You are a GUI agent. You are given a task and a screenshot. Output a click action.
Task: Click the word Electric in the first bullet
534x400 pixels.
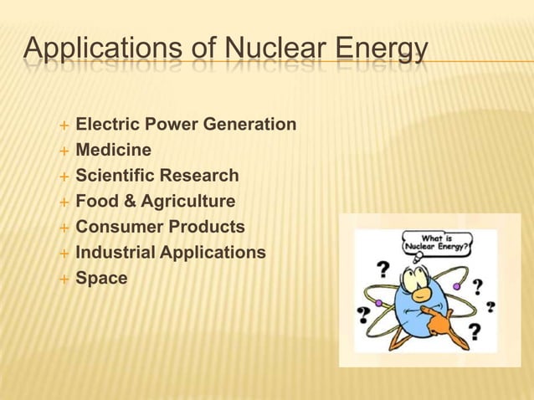pyautogui.click(x=105, y=125)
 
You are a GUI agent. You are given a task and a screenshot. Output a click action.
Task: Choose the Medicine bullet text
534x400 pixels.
pyautogui.click(x=113, y=151)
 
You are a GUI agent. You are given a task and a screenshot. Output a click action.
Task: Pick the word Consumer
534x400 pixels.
pyautogui.click(x=116, y=227)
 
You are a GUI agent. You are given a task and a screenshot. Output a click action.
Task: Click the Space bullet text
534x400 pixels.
pyautogui.click(x=101, y=278)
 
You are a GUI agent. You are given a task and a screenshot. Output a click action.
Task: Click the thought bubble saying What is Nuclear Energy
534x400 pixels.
pyautogui.click(x=438, y=244)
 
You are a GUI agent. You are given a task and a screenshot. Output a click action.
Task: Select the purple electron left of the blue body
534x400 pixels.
pyautogui.click(x=378, y=302)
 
